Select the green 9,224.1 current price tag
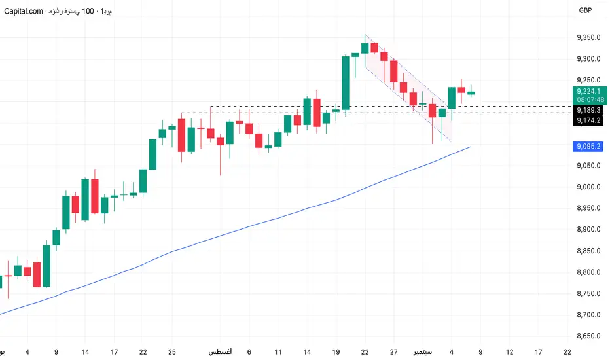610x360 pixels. coord(589,91)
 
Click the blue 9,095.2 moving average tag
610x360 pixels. coord(589,147)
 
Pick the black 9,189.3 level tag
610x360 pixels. coord(589,111)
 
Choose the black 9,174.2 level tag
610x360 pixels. coord(589,120)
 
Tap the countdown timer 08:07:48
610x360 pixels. coord(589,99)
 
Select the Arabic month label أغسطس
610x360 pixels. coord(220,352)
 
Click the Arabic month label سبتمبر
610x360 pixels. coord(419,352)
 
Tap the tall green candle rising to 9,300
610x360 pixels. coord(346,82)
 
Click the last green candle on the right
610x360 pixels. coord(471,92)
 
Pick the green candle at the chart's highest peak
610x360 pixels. coord(365,47)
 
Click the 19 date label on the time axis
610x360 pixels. coord(336,352)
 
